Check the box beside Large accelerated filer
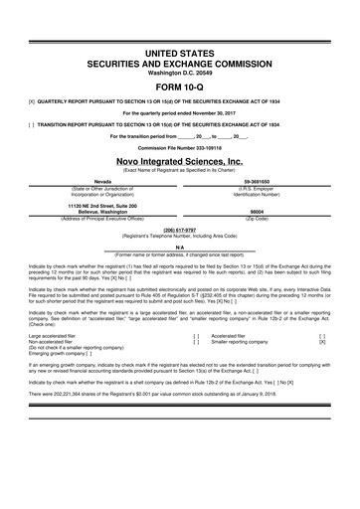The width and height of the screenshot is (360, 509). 196,337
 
